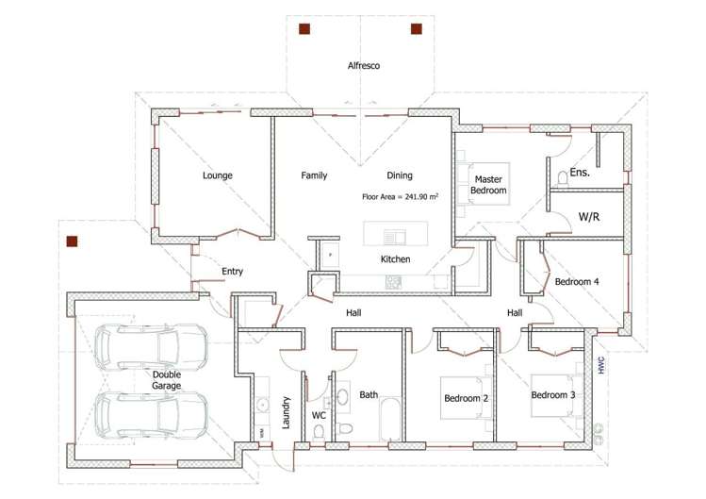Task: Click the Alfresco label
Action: coord(363,66)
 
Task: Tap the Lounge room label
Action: coord(218,175)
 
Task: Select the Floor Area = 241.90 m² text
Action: coord(401,197)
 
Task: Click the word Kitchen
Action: coord(395,259)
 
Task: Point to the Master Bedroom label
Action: coord(488,185)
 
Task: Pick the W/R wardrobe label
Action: coord(589,217)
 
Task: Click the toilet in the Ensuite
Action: coord(563,177)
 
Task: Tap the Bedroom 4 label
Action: coord(577,282)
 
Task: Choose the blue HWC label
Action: coord(601,365)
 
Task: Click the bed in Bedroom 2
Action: coord(464,398)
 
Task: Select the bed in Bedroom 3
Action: coord(553,395)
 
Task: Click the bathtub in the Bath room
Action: coord(389,419)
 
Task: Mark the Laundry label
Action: coord(286,412)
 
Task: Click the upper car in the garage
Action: coord(151,346)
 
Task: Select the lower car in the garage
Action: coord(151,415)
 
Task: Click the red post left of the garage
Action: coord(72,241)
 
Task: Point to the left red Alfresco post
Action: coord(304,29)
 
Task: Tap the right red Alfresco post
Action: coord(417,29)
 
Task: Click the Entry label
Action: coord(232,272)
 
